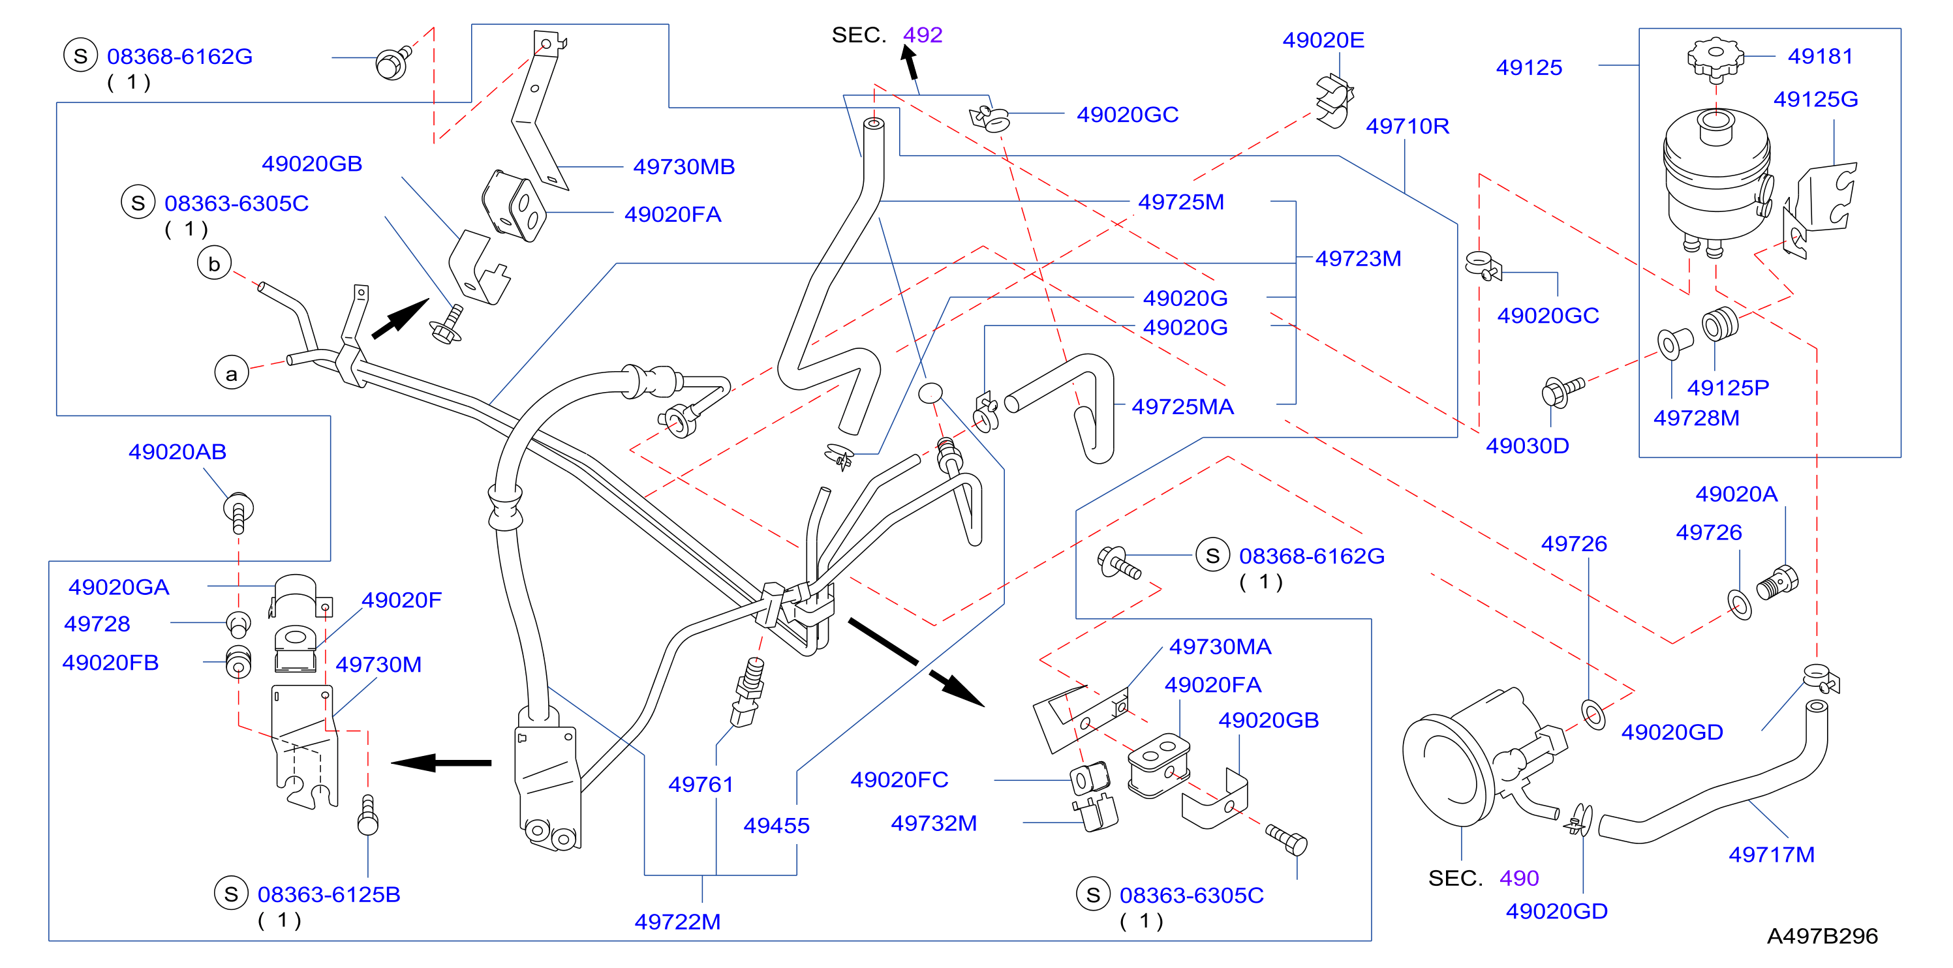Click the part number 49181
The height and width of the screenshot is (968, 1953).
click(1820, 56)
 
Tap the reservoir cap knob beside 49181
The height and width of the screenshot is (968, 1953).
click(1715, 58)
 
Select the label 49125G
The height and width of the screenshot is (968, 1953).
click(1815, 99)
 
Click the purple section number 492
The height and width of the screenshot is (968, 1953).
click(922, 35)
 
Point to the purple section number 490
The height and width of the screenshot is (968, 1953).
click(1518, 878)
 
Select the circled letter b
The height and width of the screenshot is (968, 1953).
click(214, 264)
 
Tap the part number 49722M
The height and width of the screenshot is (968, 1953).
click(677, 922)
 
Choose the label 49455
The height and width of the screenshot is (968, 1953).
click(777, 826)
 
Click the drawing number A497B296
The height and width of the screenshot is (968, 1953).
click(1822, 936)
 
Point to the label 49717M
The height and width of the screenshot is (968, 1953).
click(1771, 855)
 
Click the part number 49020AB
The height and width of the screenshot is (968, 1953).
click(177, 452)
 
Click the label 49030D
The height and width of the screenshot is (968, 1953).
click(1527, 446)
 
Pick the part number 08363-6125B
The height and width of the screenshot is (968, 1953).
click(328, 894)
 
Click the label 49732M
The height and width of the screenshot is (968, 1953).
click(933, 823)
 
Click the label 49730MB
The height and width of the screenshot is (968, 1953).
click(684, 167)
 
